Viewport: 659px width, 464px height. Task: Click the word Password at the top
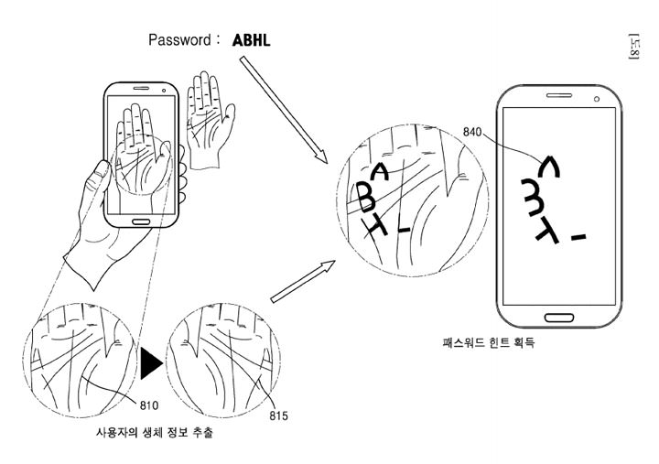[x=180, y=40]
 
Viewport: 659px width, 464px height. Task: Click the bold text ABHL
[x=252, y=40]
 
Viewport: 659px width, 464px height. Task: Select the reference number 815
[x=278, y=416]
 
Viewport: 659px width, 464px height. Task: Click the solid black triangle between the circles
[x=150, y=363]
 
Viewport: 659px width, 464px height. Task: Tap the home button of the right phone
[x=557, y=316]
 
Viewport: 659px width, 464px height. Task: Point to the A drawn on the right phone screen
[x=547, y=166]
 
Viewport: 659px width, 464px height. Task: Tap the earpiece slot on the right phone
[x=557, y=94]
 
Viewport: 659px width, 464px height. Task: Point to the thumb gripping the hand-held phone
[x=101, y=176]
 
